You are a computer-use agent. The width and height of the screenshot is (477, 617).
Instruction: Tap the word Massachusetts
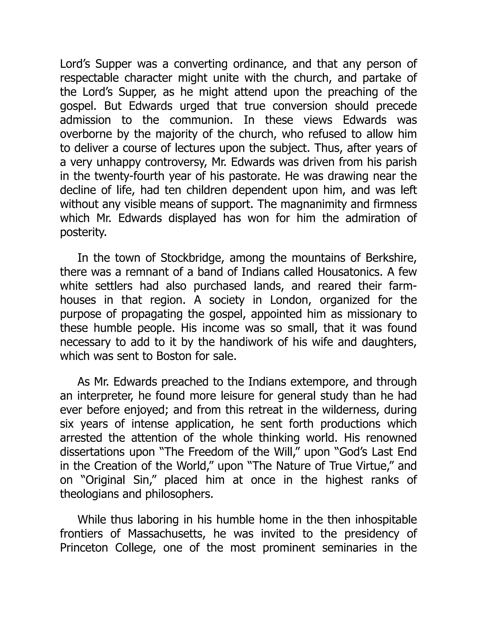tap(167, 534)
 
